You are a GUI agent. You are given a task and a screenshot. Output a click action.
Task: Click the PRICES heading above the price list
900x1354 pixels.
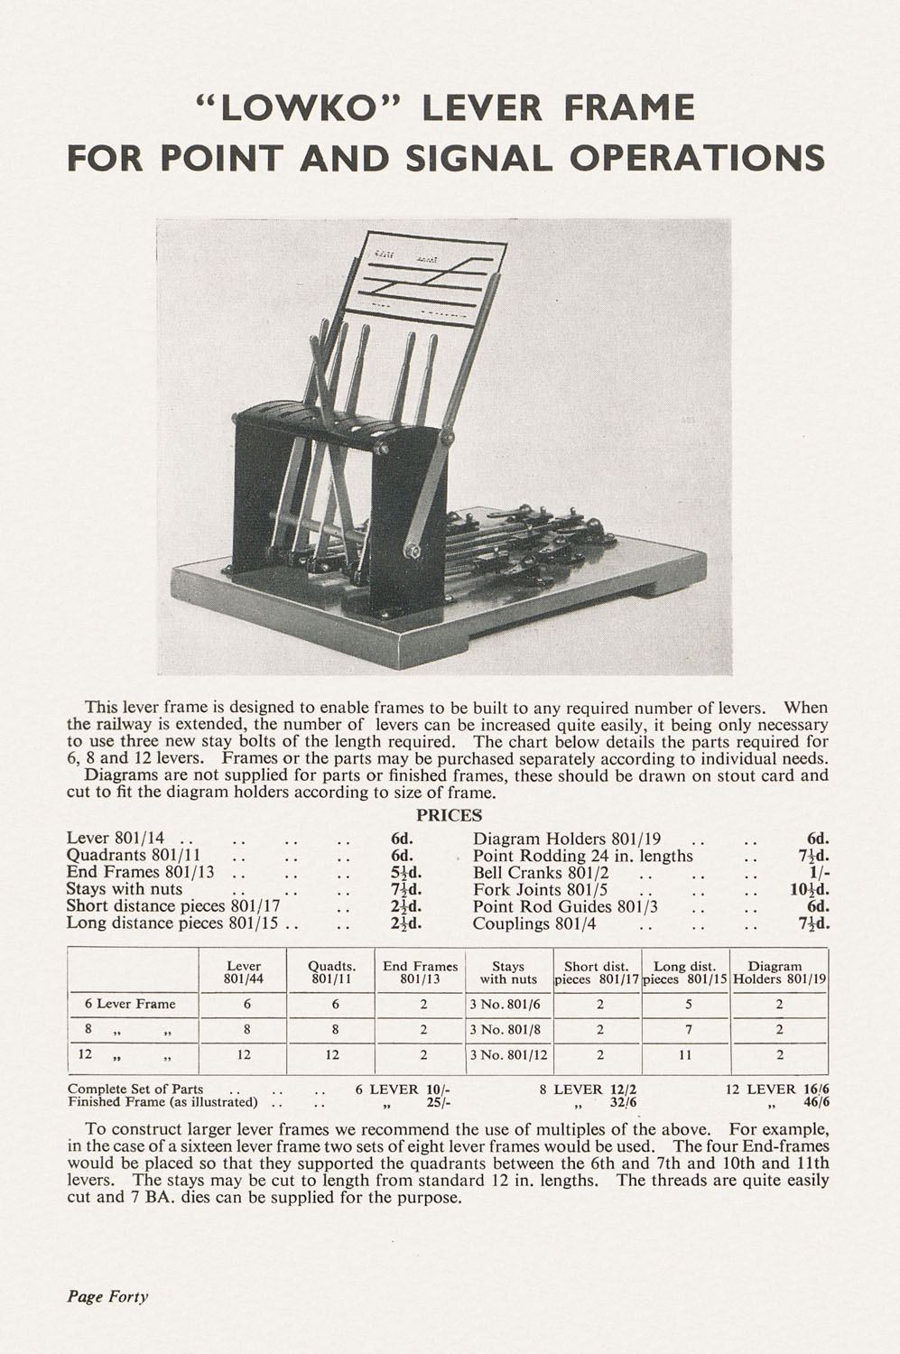(449, 816)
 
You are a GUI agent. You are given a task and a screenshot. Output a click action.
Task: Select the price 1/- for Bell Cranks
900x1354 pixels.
(817, 874)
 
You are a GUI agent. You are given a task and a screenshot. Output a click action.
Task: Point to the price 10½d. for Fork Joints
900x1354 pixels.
(810, 890)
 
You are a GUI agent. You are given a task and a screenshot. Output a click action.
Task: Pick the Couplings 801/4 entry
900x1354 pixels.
(529, 923)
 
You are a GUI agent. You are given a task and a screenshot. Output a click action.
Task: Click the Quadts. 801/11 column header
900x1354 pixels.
(331, 972)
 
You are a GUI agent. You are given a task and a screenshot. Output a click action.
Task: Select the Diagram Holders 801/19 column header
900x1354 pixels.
(779, 972)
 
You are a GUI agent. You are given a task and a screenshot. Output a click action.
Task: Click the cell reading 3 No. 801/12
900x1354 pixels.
(509, 1054)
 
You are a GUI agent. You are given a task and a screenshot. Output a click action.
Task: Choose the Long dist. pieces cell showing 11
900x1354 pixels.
(688, 1054)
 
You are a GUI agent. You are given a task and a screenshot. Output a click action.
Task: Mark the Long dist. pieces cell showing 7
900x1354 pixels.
(688, 1029)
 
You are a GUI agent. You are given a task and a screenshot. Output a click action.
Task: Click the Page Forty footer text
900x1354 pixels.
(107, 1297)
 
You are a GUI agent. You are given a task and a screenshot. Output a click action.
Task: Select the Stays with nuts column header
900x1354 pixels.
(508, 972)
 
